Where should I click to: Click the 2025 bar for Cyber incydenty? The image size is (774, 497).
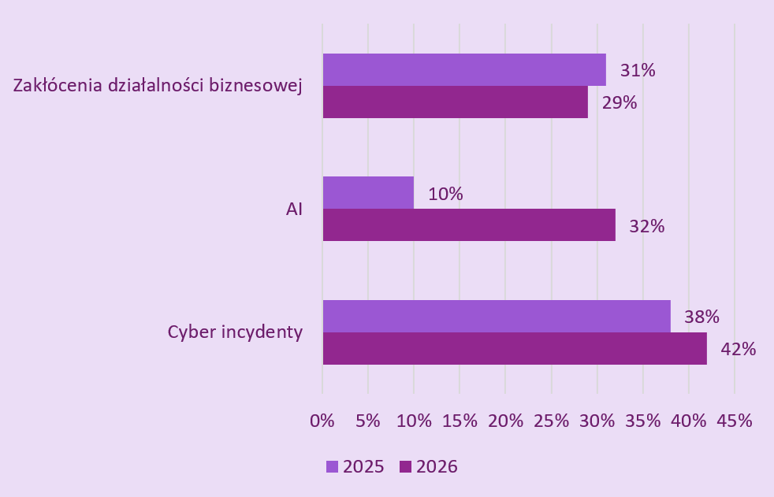[497, 316]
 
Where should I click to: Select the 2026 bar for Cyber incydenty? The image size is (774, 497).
[515, 348]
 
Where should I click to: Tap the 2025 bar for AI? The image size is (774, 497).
[368, 192]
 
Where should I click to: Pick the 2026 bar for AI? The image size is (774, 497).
[469, 224]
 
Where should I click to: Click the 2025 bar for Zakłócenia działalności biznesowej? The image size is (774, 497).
[464, 69]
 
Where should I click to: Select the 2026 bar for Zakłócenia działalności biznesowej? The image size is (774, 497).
[455, 102]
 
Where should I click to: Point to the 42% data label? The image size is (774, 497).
[739, 349]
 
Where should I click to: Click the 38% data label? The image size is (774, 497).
[701, 317]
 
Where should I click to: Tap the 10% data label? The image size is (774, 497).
[445, 194]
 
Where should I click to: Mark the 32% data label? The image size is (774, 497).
[647, 226]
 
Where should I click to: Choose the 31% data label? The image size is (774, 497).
[638, 70]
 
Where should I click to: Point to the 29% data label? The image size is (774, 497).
[620, 102]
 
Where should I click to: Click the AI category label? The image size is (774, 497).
[294, 210]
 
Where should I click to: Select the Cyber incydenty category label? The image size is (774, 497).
[235, 332]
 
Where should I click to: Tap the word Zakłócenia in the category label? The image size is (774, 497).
[58, 86]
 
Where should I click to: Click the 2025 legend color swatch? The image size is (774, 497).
[332, 467]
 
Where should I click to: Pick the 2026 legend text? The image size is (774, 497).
[437, 467]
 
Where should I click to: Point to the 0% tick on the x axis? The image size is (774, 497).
[322, 421]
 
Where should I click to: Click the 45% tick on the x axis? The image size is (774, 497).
[735, 421]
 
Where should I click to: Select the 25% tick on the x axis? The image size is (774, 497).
[551, 421]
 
